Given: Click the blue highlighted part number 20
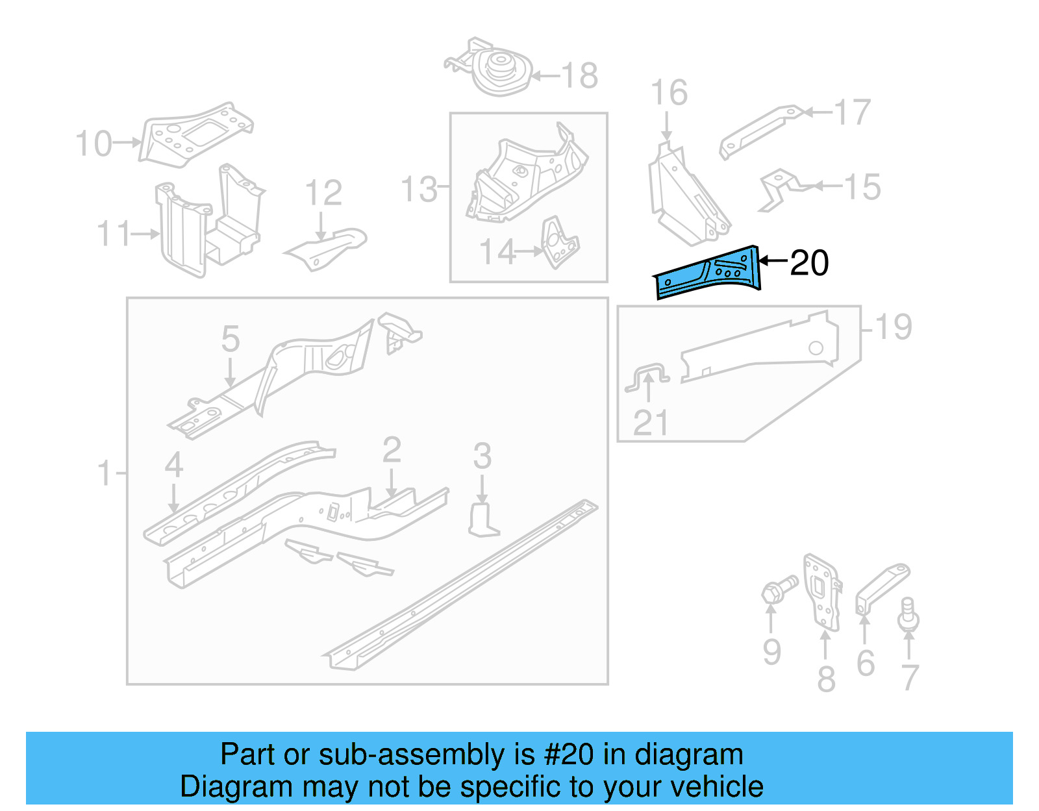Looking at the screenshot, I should click(708, 273).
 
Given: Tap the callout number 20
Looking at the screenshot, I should click(809, 263).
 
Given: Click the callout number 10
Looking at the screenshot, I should click(94, 143).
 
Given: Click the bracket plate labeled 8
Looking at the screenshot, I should click(821, 591).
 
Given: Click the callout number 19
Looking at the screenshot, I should click(894, 327).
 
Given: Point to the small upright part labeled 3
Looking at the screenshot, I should click(482, 520).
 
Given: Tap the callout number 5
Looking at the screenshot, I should click(231, 339).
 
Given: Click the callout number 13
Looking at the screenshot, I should click(419, 189).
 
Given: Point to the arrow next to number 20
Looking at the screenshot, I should click(773, 261).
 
